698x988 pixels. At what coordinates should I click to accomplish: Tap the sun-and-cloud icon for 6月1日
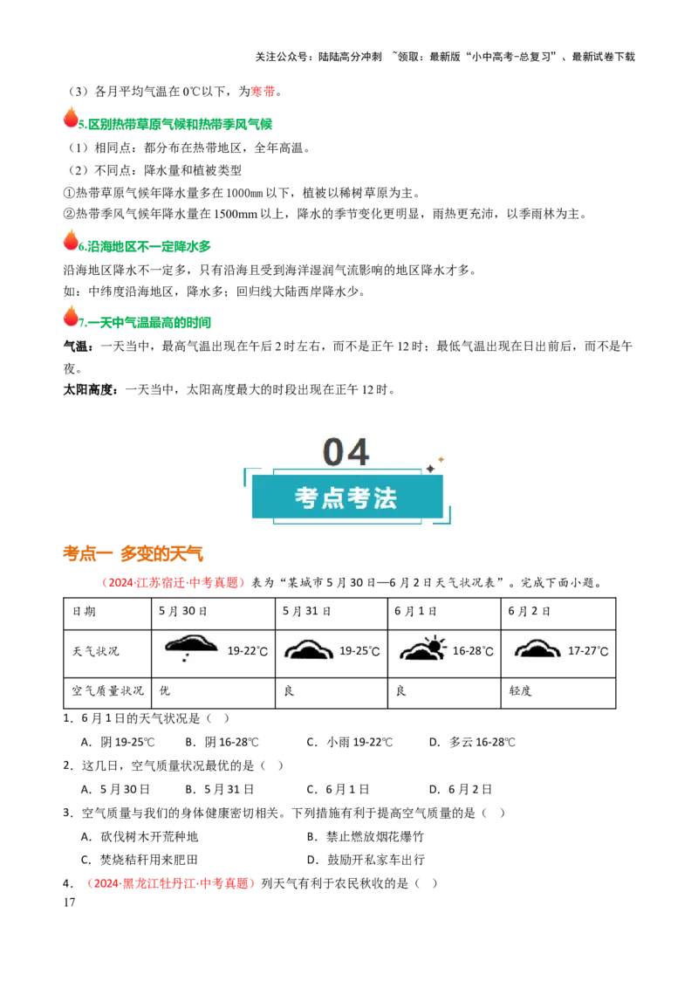[x=422, y=648]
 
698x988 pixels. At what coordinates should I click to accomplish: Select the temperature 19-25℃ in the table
[x=359, y=651]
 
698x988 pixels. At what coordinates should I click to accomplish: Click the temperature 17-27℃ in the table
[x=588, y=651]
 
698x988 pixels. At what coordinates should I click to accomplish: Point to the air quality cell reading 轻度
[x=520, y=690]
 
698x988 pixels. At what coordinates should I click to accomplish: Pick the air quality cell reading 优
[x=164, y=690]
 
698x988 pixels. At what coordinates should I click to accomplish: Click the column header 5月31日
[x=306, y=611]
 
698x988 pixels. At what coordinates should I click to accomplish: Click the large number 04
[x=346, y=452]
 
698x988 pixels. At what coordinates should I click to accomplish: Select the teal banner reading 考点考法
[x=347, y=497]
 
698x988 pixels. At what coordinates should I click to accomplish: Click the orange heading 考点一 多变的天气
[x=133, y=554]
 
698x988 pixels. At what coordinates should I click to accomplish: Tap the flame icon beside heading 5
[x=71, y=117]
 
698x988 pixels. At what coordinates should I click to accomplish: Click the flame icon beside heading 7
[x=71, y=316]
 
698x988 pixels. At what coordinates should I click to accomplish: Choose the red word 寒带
[x=263, y=92]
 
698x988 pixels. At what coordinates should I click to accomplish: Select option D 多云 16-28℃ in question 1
[x=472, y=742]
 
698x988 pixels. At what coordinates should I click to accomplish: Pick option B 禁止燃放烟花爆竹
[x=366, y=837]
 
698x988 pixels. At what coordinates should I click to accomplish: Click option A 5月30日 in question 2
[x=115, y=790]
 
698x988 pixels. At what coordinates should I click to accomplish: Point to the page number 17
[x=69, y=902]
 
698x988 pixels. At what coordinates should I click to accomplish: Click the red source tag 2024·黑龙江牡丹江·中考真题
[x=170, y=883]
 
